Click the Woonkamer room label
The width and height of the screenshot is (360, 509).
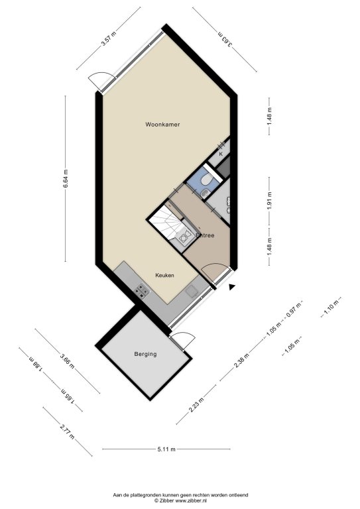pos(162,125)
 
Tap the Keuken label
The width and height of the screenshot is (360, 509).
pos(164,275)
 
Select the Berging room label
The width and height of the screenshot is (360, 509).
pos(145,354)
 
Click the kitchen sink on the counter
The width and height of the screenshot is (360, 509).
pos(192,291)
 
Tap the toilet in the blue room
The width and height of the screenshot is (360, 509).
pos(206,179)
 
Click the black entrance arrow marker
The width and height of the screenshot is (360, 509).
pos(231,287)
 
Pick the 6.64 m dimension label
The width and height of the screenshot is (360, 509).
pos(65,178)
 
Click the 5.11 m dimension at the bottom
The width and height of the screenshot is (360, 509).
pos(166,449)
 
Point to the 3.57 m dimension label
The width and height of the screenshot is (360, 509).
pos(109,38)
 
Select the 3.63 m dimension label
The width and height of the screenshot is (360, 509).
pos(225,39)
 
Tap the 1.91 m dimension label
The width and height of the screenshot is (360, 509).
pos(269,201)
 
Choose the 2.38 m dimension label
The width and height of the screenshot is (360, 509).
pos(241,361)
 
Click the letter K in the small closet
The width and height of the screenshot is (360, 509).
pos(221,154)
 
